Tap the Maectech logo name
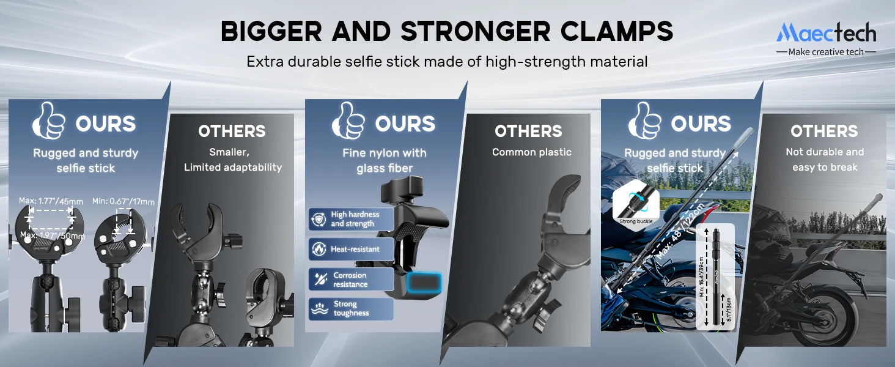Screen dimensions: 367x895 (826, 32)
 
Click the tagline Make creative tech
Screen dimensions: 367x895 (826, 52)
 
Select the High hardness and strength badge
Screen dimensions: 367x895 (351, 219)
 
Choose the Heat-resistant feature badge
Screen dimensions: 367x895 (351, 249)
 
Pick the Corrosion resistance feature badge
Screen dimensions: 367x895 (351, 280)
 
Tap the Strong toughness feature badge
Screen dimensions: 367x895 (351, 308)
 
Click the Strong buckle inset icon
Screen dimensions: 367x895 (636, 205)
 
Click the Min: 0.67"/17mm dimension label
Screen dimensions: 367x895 (123, 201)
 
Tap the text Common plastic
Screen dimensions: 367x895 (531, 152)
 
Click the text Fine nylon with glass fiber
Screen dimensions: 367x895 (384, 160)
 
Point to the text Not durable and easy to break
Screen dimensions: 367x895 (825, 160)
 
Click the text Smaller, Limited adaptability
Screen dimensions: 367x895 (233, 160)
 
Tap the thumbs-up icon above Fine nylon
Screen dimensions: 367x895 (348, 121)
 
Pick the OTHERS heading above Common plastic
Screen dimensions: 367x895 (528, 131)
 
